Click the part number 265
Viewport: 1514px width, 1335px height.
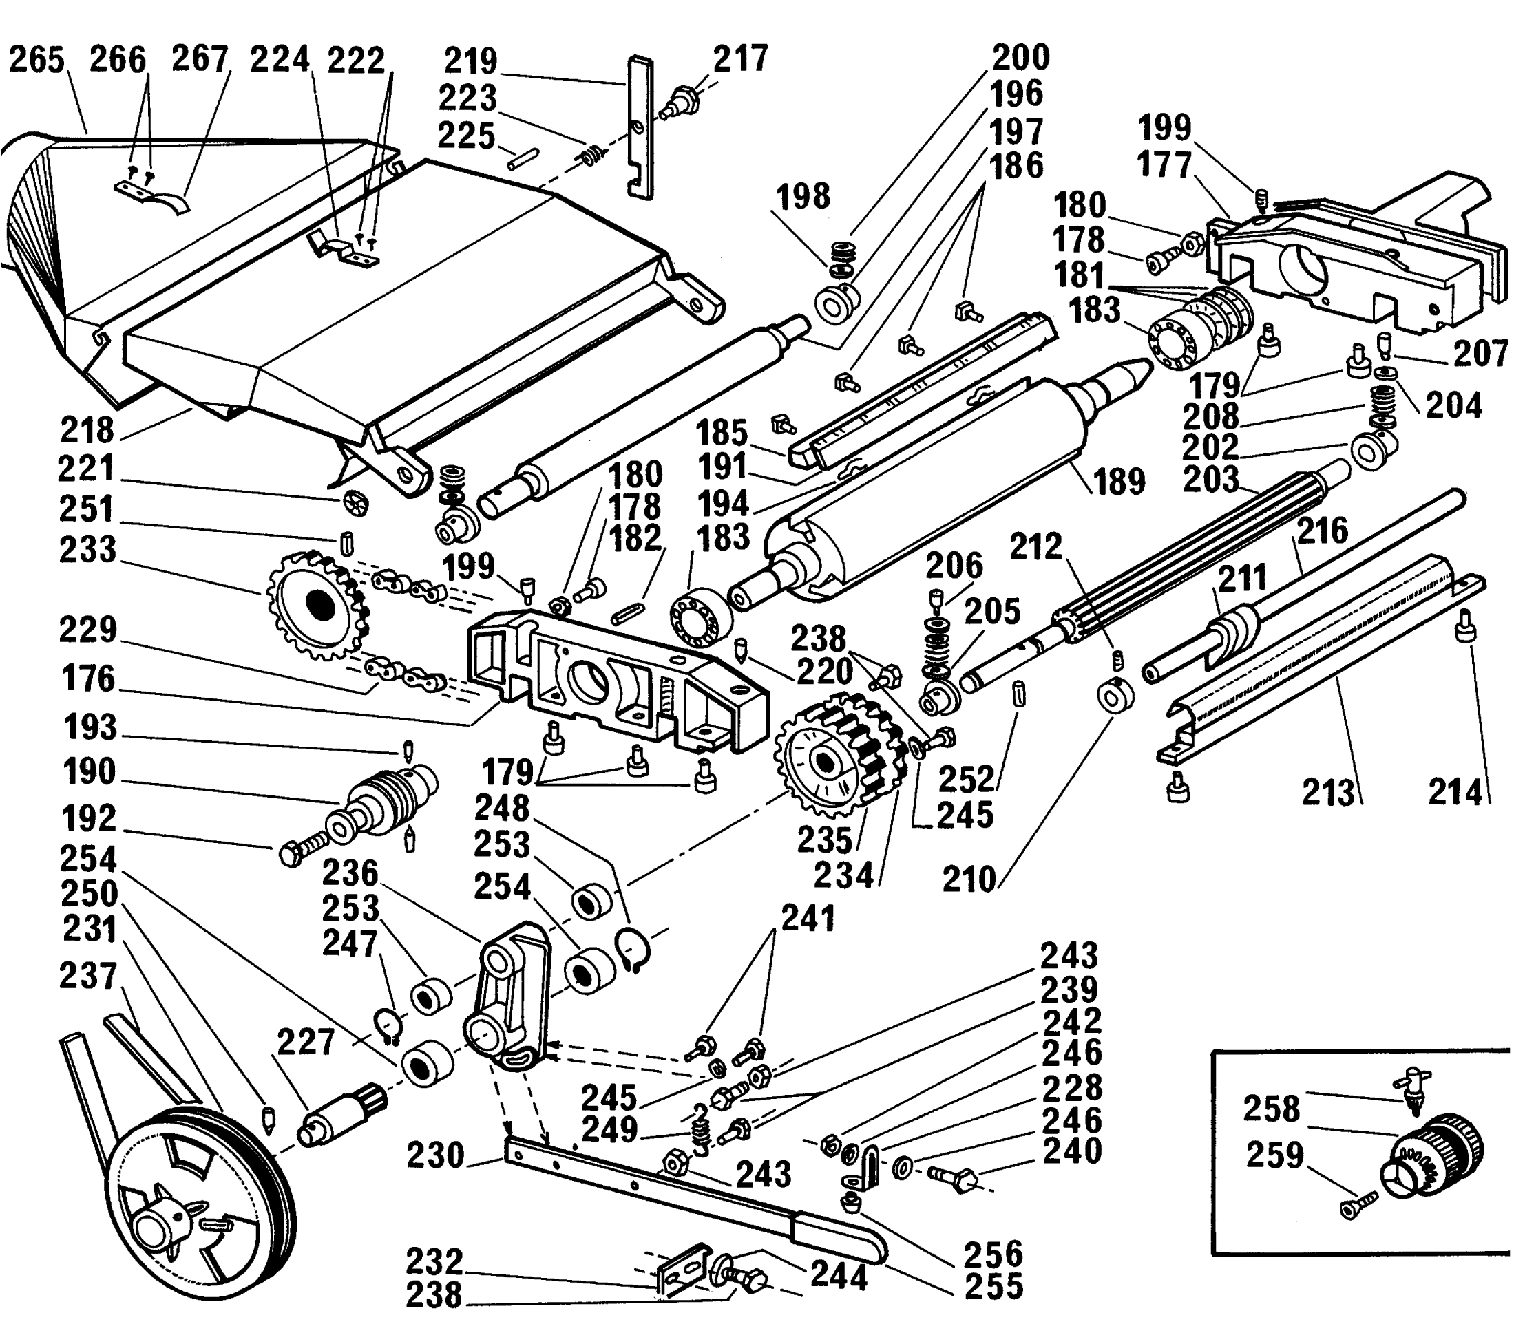[37, 60]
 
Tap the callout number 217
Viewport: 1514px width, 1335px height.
[740, 58]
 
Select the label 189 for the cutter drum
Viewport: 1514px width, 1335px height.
[1119, 481]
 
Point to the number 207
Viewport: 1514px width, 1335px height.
[1480, 353]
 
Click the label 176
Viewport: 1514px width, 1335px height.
[88, 679]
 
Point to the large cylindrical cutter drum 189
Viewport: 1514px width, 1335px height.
[926, 489]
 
